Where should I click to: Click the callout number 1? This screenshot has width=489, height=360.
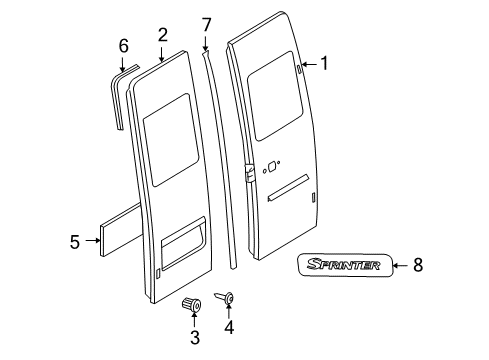click(324, 62)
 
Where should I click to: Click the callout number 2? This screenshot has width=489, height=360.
click(162, 35)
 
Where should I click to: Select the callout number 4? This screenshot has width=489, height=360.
click(229, 327)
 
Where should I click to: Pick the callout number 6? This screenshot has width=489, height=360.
click(123, 45)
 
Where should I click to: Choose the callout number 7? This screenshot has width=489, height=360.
click(207, 23)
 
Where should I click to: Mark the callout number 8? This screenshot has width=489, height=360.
click(418, 265)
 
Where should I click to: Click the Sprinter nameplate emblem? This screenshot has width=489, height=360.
click(343, 265)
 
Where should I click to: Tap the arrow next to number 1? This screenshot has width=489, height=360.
click(307, 63)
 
